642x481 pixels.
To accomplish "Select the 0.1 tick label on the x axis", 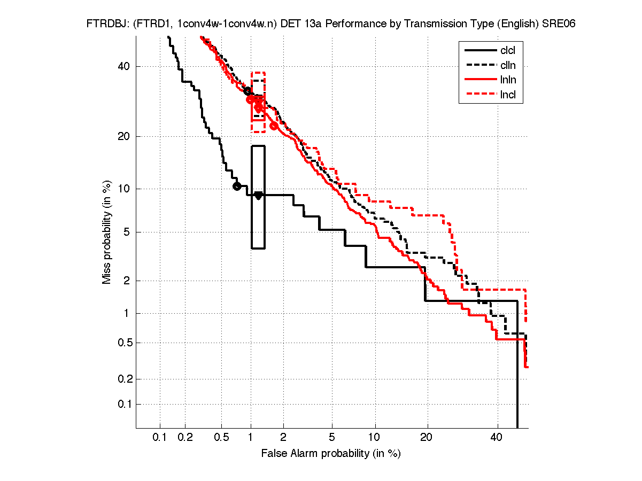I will [x=160, y=438].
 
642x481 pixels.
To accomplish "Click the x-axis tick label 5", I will [x=332, y=438].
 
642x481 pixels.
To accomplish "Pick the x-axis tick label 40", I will [x=497, y=438].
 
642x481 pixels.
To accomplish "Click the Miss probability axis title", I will [x=107, y=232].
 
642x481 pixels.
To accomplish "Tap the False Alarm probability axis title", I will [x=331, y=454].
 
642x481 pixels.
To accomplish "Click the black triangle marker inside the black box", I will [x=258, y=196].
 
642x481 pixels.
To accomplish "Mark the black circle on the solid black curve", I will [x=237, y=186].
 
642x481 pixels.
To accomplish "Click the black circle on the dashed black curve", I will [x=247, y=91].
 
